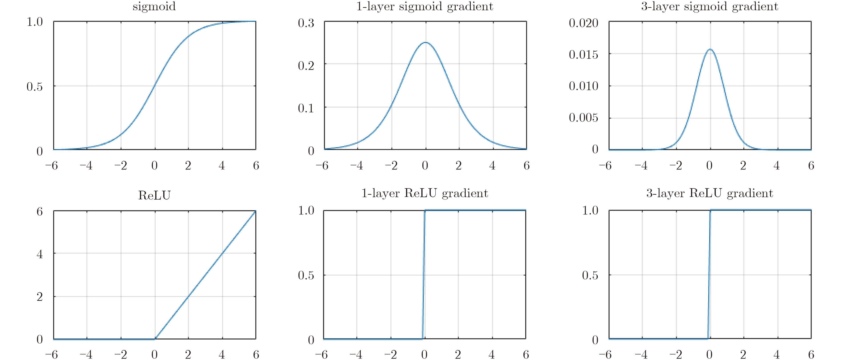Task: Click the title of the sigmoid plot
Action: [x=154, y=6]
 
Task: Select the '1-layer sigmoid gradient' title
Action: [x=425, y=6]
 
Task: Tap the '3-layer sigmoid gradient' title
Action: [x=710, y=6]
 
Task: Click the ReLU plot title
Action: [x=154, y=195]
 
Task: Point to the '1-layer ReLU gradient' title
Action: [x=425, y=193]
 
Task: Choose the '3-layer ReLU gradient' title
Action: [x=710, y=193]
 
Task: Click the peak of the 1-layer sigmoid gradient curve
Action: [x=425, y=42]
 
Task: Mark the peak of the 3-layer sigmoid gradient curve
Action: [x=710, y=49]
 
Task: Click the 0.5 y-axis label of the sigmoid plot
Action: [x=35, y=87]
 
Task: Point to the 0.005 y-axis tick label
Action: [x=583, y=117]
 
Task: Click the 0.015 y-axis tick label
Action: [x=583, y=55]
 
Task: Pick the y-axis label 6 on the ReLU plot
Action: [x=40, y=212]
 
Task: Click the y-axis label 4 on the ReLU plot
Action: [x=40, y=254]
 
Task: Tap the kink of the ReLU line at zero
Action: [x=155, y=339]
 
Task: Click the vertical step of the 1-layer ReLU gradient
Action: [x=423, y=275]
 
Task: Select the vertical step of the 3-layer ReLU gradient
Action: [x=709, y=275]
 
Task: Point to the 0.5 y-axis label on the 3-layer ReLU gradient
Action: [x=590, y=275]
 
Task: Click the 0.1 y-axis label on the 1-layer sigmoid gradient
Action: [x=306, y=108]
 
